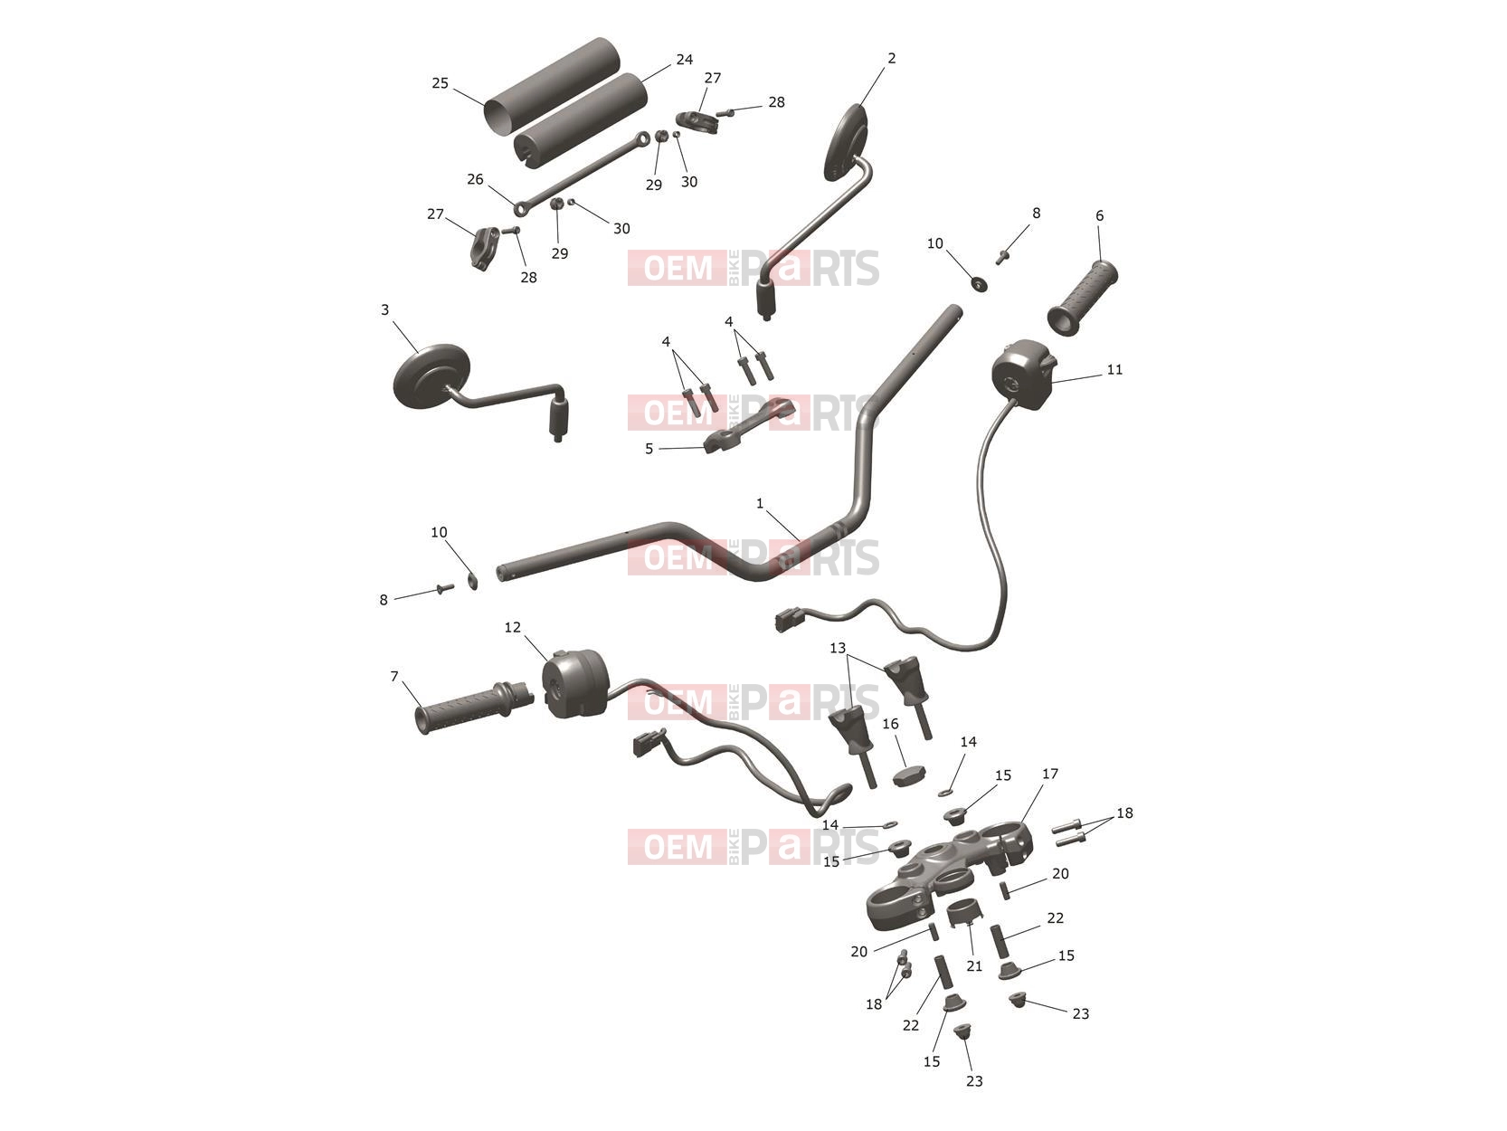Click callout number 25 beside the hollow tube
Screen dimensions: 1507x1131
(441, 83)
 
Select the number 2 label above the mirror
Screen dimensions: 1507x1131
(891, 59)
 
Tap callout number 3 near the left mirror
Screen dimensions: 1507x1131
(384, 309)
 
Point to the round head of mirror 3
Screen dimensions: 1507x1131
(431, 377)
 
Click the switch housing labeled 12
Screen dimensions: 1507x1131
(575, 683)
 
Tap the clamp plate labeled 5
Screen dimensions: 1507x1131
(748, 425)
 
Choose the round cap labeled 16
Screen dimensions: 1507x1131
(907, 776)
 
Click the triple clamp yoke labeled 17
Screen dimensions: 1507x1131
(950, 873)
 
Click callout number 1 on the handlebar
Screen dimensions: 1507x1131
(759, 503)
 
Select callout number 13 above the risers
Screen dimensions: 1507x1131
(838, 648)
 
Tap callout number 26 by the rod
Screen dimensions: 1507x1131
(475, 179)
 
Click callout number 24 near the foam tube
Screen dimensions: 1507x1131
(685, 60)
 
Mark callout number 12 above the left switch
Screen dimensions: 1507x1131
(512, 627)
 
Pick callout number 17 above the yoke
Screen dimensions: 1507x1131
(1050, 774)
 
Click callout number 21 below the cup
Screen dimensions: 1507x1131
(974, 965)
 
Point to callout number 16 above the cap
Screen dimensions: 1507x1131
(890, 724)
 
